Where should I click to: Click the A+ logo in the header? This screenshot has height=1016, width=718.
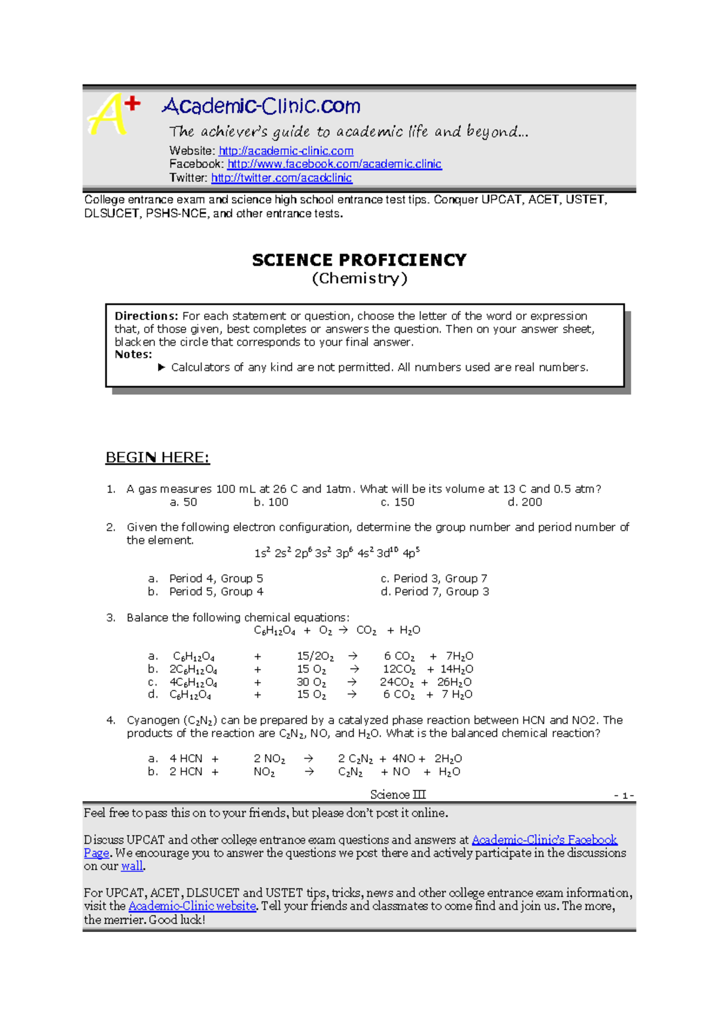click(x=114, y=114)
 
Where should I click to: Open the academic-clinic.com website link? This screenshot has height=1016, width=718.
click(x=286, y=151)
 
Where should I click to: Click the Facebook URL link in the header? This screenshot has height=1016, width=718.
click(x=334, y=164)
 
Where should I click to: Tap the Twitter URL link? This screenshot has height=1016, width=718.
click(x=281, y=178)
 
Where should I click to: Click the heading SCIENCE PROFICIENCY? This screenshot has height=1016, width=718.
click(x=359, y=260)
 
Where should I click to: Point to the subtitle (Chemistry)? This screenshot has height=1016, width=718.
click(x=359, y=278)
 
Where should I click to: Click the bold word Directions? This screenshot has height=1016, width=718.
click(x=146, y=316)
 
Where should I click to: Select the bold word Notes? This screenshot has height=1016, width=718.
click(x=133, y=354)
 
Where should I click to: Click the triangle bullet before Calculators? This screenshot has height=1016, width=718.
click(x=162, y=367)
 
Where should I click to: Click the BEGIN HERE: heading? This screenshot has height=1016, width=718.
click(x=157, y=458)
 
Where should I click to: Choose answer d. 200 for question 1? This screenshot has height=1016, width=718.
click(x=524, y=502)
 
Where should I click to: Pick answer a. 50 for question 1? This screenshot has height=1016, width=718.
click(x=183, y=502)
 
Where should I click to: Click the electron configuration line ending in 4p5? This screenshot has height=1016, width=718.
click(x=337, y=553)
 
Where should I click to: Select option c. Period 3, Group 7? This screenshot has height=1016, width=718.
click(x=434, y=579)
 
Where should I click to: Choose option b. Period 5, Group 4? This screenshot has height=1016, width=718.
click(x=206, y=592)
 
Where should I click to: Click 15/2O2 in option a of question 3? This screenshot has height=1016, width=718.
click(x=315, y=656)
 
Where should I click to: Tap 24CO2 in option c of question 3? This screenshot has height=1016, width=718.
click(x=396, y=682)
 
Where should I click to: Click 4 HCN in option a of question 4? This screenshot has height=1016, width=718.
click(x=186, y=759)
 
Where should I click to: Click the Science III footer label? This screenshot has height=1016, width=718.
click(x=397, y=795)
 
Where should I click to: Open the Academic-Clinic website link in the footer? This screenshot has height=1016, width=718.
click(x=192, y=906)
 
